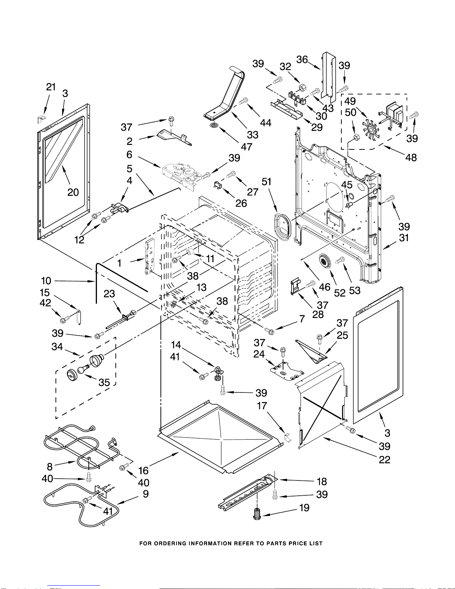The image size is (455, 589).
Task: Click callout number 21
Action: coord(51,87)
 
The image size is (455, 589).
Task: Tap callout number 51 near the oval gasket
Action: coord(267,182)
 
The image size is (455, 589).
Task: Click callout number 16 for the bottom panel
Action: coord(143,470)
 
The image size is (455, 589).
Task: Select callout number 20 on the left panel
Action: coord(73,192)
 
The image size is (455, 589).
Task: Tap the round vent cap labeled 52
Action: coord(325,260)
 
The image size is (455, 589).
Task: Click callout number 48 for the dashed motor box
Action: coord(411,158)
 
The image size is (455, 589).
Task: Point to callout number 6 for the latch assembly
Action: coord(129,154)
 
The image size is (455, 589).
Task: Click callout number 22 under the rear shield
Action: coord(384,460)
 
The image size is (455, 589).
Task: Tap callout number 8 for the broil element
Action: coord(50,466)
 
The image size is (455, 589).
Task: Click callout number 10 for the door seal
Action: coord(46,281)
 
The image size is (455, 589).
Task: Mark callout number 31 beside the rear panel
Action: coord(404,238)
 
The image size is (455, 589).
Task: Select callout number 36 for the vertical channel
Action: coord(302,59)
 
